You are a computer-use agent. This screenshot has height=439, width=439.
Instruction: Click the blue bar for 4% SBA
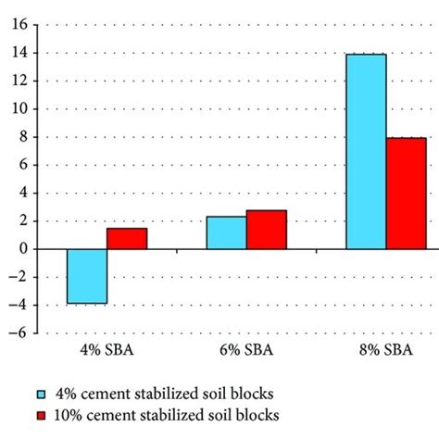pos(87,276)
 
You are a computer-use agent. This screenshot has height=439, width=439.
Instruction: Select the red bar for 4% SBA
pos(127,239)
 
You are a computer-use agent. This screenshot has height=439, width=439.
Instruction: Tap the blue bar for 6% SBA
pos(226,232)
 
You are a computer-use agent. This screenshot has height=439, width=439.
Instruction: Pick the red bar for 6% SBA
pos(267,230)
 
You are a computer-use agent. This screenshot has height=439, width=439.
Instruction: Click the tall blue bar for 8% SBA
pos(366,152)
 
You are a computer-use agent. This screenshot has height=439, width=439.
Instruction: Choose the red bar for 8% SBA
pos(407,194)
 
